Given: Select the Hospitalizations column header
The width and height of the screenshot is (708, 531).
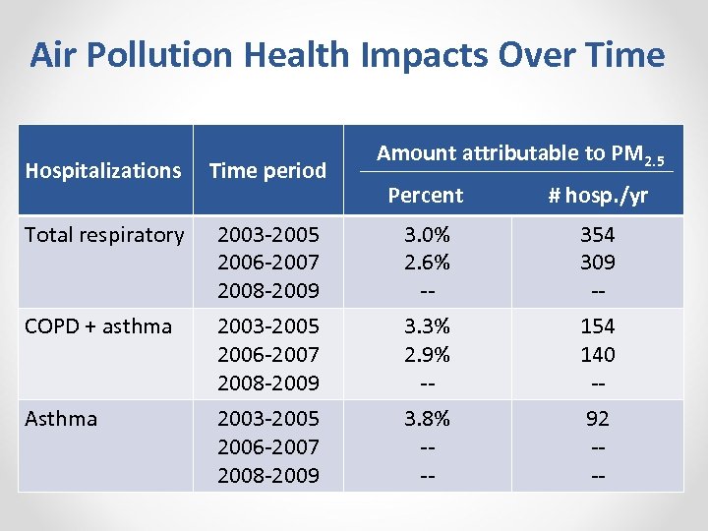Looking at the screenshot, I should (103, 170).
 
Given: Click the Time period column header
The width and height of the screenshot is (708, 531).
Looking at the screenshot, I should (267, 170).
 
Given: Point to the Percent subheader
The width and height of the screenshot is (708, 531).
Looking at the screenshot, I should (425, 196).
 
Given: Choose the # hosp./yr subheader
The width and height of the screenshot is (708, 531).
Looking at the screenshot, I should (598, 196).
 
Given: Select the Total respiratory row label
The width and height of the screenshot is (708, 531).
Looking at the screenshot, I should (103, 235).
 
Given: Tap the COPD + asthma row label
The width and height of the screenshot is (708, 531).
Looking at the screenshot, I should (98, 326).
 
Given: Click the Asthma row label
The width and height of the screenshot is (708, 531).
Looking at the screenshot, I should (61, 419).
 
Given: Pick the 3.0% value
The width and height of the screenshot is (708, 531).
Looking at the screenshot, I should (426, 235).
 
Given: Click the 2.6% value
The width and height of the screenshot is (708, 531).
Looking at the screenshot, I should (426, 263).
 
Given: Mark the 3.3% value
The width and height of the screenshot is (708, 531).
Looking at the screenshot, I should (426, 326).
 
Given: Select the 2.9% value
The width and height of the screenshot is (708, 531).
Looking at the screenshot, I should (426, 354).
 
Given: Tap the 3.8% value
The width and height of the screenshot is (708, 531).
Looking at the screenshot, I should (426, 419).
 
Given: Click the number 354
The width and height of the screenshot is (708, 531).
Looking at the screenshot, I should (597, 235).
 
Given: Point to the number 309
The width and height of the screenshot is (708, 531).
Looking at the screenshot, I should (597, 263).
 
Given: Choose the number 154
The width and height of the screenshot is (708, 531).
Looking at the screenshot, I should (597, 326).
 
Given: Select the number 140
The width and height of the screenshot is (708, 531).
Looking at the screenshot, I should (597, 354).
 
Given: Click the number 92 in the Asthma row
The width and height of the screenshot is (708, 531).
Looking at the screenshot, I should (597, 419).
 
